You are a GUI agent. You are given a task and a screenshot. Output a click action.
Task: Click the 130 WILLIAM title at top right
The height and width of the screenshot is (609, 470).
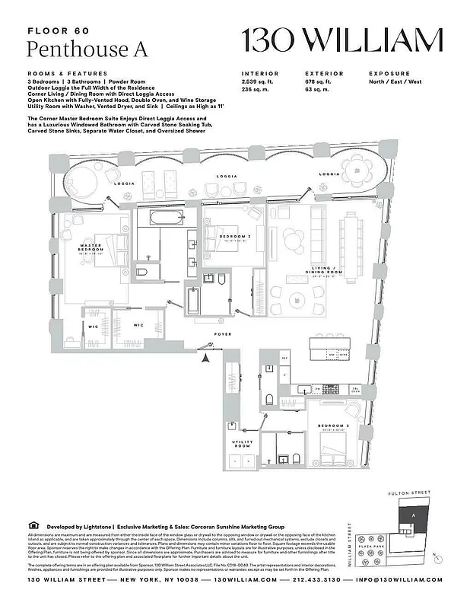[341, 40]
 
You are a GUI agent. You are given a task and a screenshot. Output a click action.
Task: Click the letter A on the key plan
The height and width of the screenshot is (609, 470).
[414, 516]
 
